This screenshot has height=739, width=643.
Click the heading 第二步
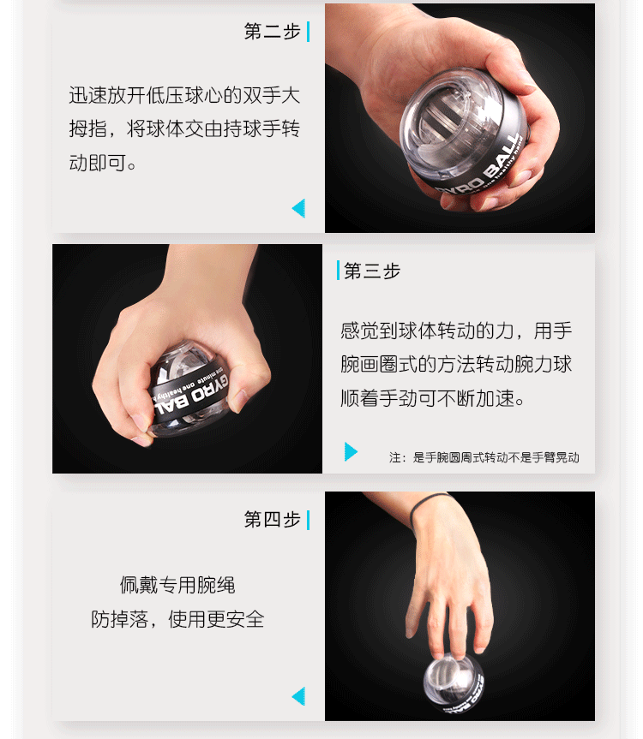point(272,32)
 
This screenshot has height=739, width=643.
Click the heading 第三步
point(372,271)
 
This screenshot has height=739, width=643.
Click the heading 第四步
point(272,520)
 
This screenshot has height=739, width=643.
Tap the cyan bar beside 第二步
point(308,32)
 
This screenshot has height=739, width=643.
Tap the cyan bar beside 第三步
point(338,270)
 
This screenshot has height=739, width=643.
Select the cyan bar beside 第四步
point(308,520)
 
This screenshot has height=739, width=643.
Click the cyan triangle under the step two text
point(298,208)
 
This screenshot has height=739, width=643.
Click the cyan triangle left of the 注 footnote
point(351,451)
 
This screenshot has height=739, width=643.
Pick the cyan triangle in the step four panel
point(298,696)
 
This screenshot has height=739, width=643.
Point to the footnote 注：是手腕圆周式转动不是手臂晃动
point(484,457)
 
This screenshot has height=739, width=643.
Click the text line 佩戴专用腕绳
point(177,585)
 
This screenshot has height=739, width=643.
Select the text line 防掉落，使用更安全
point(177,619)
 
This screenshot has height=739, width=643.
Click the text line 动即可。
point(102,163)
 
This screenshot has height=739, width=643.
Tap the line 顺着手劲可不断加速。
point(433,398)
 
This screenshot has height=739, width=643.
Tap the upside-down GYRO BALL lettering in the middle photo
point(191,395)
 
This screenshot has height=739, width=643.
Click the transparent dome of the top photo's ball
point(441,118)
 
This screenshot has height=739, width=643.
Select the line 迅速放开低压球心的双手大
point(184,95)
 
